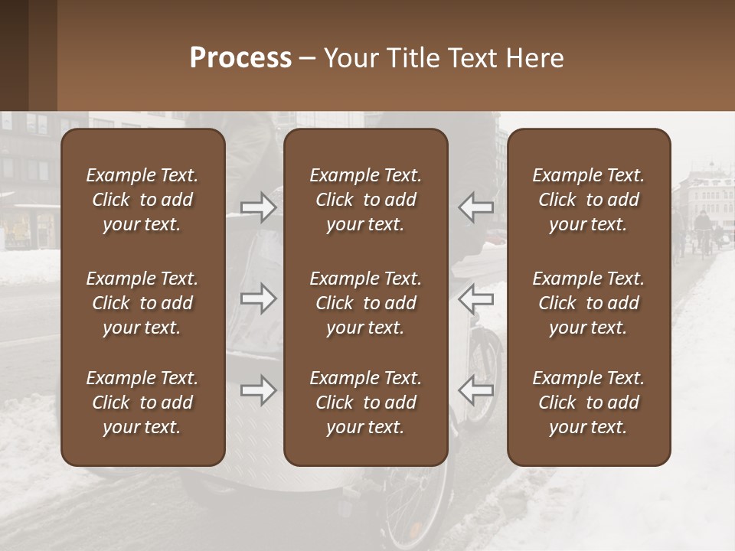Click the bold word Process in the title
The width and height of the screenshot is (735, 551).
[240, 58]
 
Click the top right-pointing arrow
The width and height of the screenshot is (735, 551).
[258, 207]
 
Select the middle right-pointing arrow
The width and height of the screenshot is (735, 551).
[258, 298]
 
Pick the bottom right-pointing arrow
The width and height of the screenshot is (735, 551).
[258, 390]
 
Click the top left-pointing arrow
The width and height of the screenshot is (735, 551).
[476, 207]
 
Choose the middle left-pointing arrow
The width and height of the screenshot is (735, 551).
[476, 298]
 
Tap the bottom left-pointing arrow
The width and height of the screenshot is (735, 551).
[476, 390]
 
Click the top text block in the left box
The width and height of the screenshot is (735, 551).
[142, 200]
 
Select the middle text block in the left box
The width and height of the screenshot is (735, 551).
[142, 303]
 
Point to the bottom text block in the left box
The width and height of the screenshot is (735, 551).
[142, 403]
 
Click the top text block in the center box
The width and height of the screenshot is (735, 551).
[366, 200]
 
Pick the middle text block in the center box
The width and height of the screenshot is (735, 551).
[366, 303]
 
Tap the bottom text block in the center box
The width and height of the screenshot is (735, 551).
[366, 403]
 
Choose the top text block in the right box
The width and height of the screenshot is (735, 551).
[589, 200]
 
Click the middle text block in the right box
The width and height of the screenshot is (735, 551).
[589, 303]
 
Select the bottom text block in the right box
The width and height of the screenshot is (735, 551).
[589, 403]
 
